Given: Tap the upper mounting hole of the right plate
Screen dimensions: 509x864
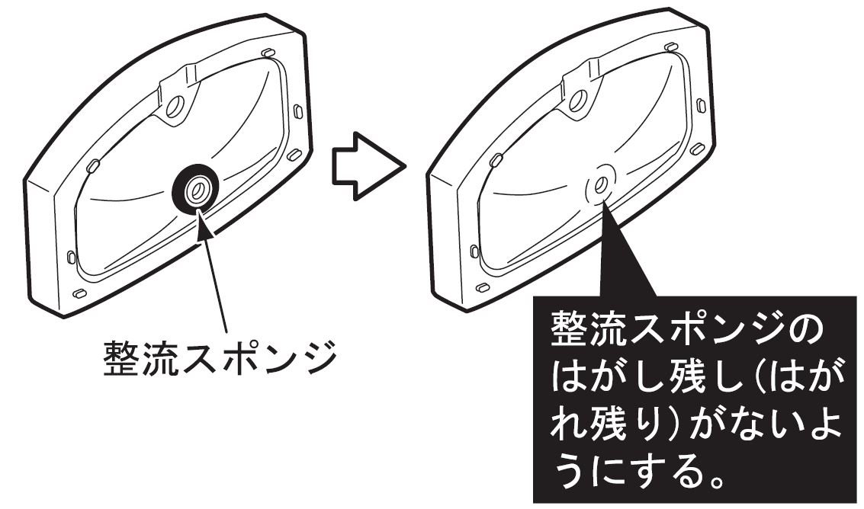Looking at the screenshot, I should tap(579, 100).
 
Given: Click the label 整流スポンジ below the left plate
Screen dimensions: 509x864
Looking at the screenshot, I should tap(219, 357).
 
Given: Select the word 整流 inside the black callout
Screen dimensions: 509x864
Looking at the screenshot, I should tap(595, 329).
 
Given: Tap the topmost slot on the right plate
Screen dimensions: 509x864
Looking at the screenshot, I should tap(671, 47).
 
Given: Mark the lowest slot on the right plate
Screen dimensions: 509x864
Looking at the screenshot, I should tap(482, 287).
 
